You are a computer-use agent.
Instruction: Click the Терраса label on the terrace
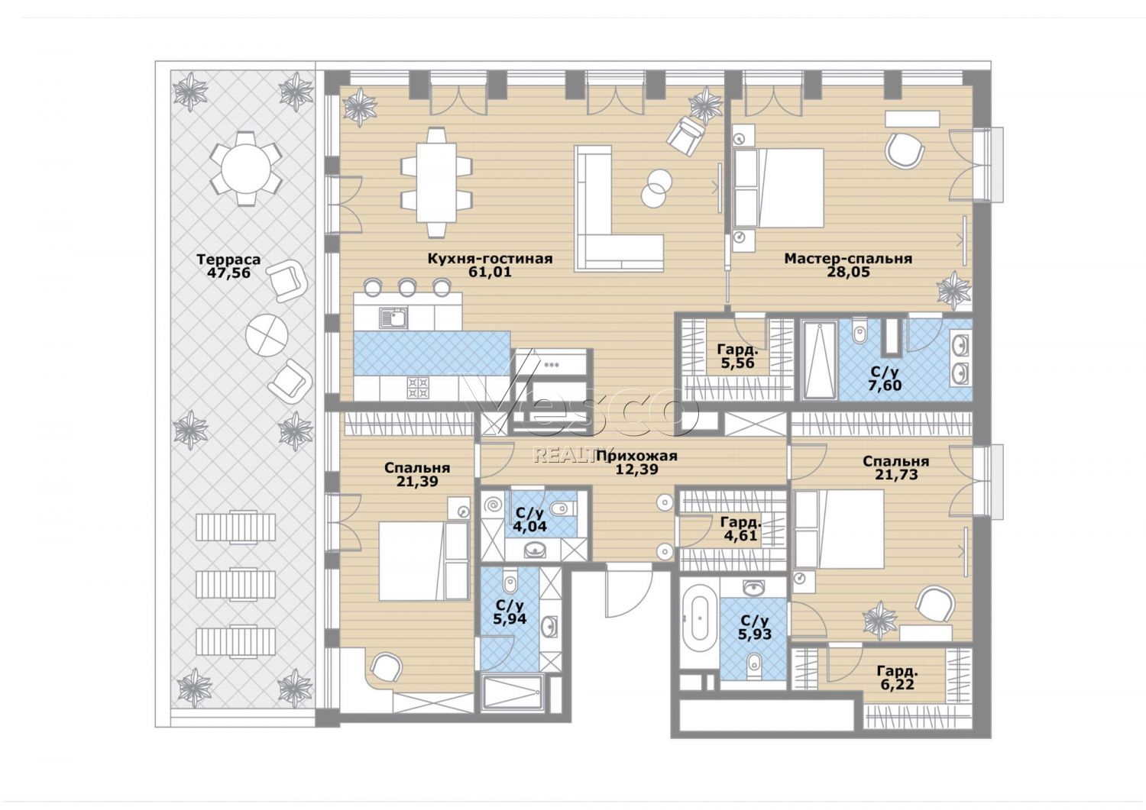pos(228,260)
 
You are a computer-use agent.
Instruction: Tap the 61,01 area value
pos(490,272)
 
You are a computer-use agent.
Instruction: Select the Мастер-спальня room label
pos(848,259)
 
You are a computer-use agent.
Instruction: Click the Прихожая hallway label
pos(637,456)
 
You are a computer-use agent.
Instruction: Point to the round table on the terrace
pos(246,169)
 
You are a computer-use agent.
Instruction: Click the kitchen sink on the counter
pos(393,317)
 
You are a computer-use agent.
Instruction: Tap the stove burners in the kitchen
pos(417,387)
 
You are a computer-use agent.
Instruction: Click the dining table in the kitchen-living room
pos(436,182)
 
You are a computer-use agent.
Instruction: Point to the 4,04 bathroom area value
pos(526,526)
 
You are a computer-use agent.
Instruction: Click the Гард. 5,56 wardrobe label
pos(736,357)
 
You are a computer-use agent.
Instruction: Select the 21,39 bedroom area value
pos(417,481)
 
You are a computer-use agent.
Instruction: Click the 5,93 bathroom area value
pos(755,634)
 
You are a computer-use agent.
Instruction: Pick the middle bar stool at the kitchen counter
pos(407,286)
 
